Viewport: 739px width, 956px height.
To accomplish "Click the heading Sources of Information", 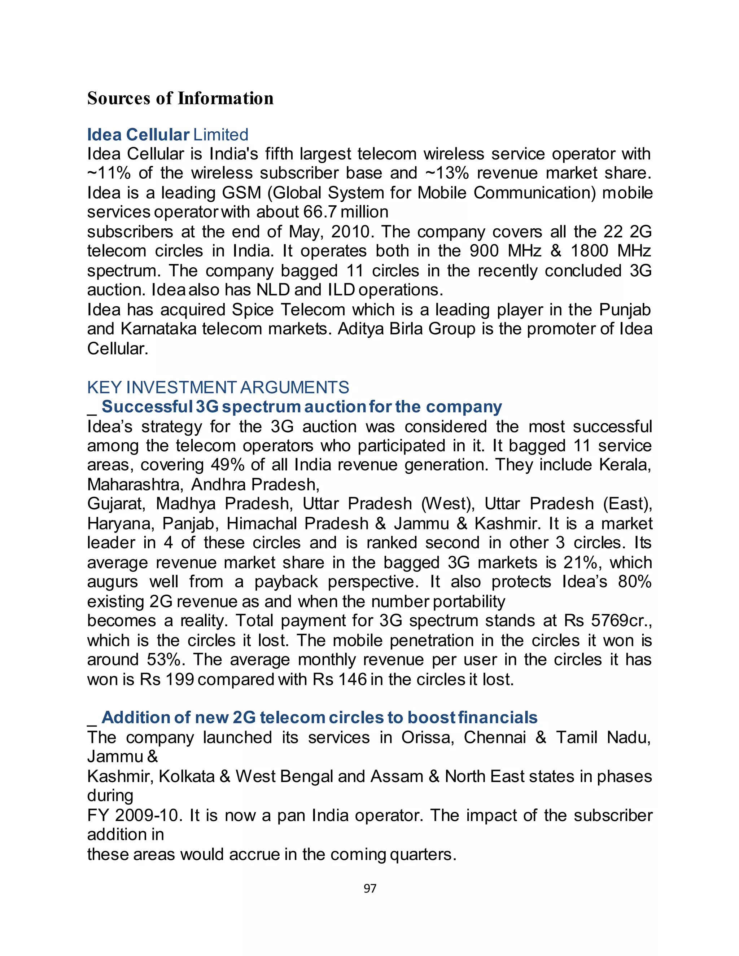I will click(180, 98).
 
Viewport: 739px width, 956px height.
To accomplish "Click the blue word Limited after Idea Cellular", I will click(220, 135).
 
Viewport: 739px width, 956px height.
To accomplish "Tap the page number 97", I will click(370, 888).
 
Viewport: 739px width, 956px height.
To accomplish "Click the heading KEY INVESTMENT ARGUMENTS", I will click(218, 387).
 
